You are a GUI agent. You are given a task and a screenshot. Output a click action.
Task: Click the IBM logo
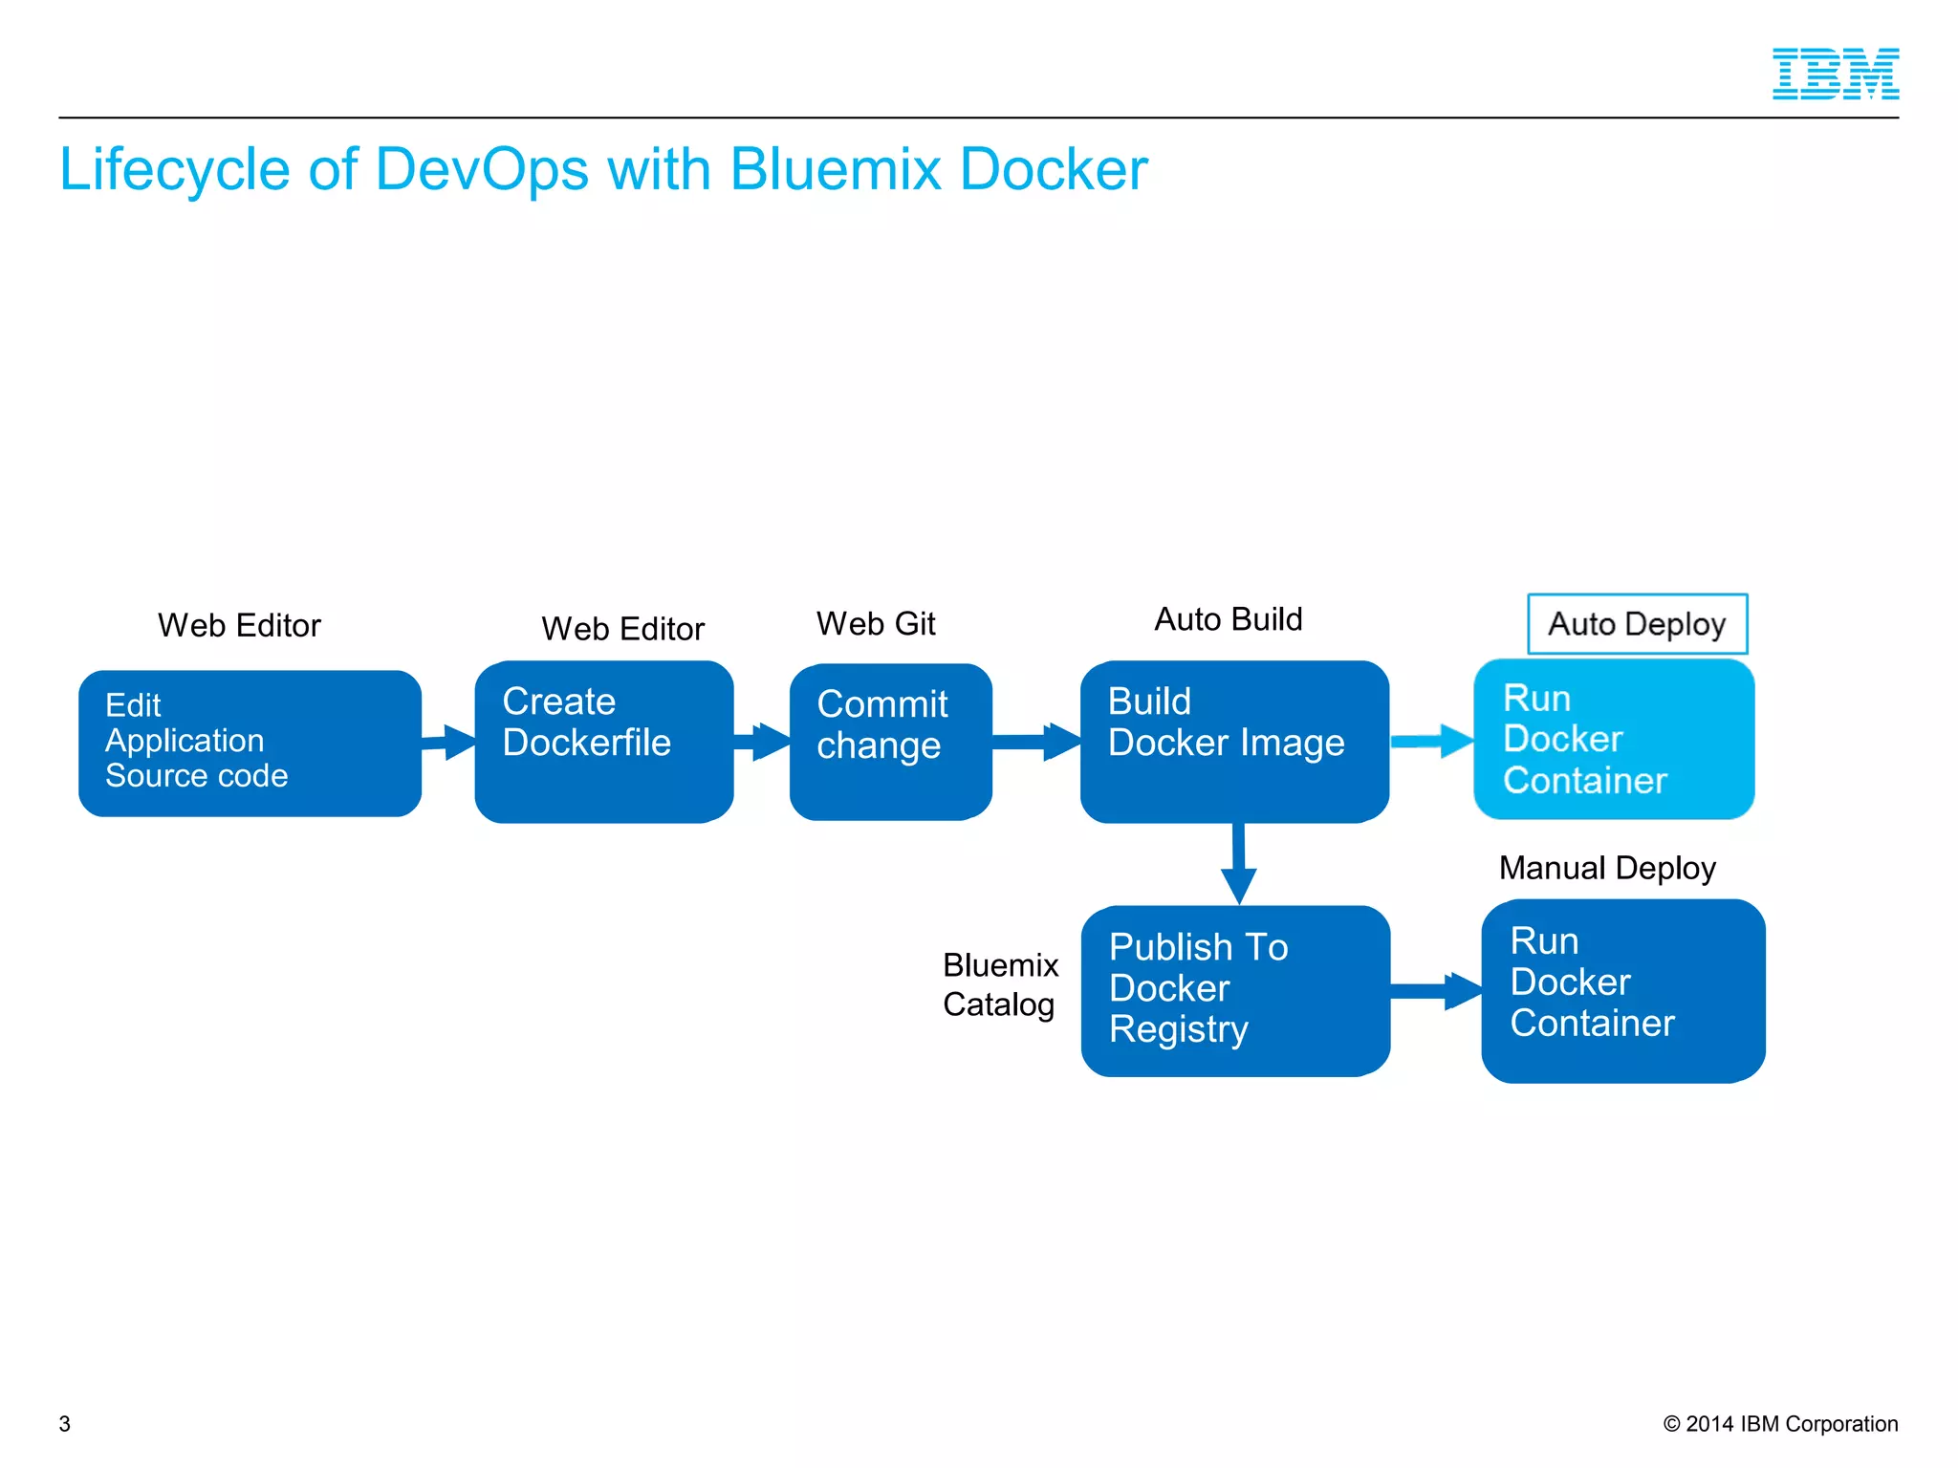[1835, 74]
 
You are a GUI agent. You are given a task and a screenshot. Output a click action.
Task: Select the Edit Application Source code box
[250, 743]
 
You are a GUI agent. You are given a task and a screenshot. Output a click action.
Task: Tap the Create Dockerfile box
[603, 742]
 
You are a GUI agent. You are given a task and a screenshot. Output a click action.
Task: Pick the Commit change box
[890, 742]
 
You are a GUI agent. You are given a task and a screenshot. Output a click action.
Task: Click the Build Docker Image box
[1233, 741]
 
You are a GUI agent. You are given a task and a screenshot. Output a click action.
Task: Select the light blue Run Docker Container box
[1613, 739]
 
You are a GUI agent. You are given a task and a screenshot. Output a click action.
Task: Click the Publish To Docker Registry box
[1234, 990]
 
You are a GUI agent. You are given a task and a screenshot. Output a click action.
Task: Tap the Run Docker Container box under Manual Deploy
[1622, 990]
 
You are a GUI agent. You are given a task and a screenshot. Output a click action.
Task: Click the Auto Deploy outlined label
[1637, 624]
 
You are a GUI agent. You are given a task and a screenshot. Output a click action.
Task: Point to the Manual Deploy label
[1607, 868]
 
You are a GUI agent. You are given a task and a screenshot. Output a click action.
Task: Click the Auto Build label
[1228, 619]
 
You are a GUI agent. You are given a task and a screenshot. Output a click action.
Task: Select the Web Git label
[875, 623]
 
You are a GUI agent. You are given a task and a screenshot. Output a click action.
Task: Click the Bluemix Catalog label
[1000, 984]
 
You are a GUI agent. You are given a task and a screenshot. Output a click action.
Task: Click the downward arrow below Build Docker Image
[1238, 864]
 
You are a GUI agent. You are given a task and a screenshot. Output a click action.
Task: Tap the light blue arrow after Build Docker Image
[1431, 741]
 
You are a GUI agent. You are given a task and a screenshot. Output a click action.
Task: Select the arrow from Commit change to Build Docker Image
[1036, 742]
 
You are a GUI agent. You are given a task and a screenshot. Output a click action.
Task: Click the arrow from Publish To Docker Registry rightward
[1436, 991]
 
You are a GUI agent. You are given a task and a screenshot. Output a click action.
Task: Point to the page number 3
[65, 1423]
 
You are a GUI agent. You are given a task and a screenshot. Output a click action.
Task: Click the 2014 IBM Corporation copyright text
[1780, 1423]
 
